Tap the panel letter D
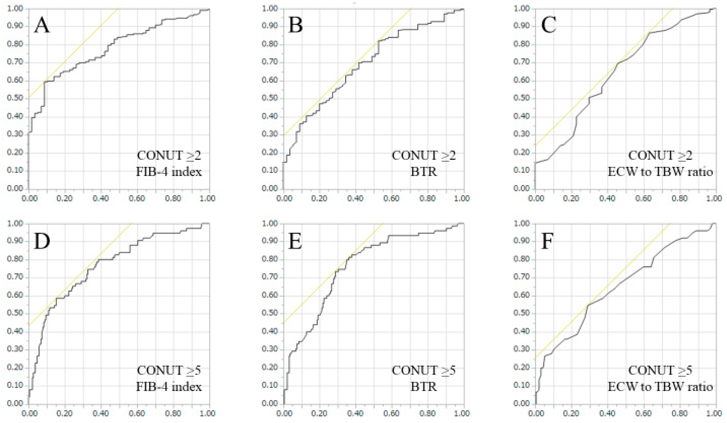point(42,241)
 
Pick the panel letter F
point(547,241)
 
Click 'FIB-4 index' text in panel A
point(169,172)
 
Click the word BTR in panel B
point(423,172)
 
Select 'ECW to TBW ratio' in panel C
point(660,172)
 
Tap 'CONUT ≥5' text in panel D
point(169,370)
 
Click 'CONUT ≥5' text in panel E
point(423,370)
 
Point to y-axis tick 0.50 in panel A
point(15,99)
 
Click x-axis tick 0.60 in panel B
point(392,199)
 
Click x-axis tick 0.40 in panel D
point(101,413)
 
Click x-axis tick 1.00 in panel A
point(209,199)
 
